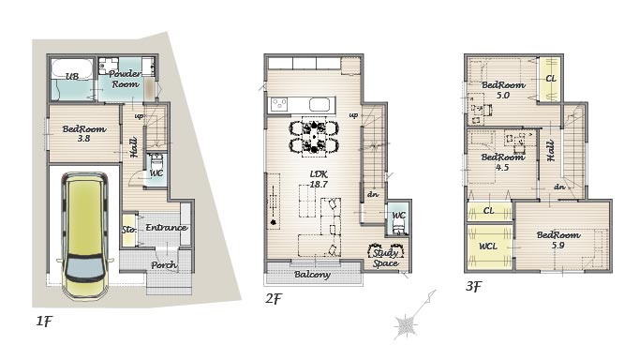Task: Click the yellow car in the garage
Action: click(x=84, y=235)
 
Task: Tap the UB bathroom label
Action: click(x=72, y=76)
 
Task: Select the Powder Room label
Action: click(x=126, y=79)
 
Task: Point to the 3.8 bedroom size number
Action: click(x=83, y=139)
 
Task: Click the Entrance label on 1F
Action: click(x=167, y=228)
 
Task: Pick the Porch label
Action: click(x=164, y=265)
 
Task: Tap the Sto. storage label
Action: click(x=128, y=230)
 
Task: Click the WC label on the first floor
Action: click(x=156, y=173)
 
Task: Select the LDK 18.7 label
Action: click(x=319, y=179)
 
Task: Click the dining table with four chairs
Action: click(x=314, y=139)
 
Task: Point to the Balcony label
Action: click(x=312, y=275)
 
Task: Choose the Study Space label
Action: click(x=385, y=258)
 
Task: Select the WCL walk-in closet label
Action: click(x=488, y=247)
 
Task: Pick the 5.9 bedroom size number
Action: click(x=557, y=246)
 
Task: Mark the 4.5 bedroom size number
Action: click(x=502, y=167)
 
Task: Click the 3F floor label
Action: click(x=473, y=287)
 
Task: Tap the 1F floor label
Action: click(x=44, y=322)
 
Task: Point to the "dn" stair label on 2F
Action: click(x=373, y=194)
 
